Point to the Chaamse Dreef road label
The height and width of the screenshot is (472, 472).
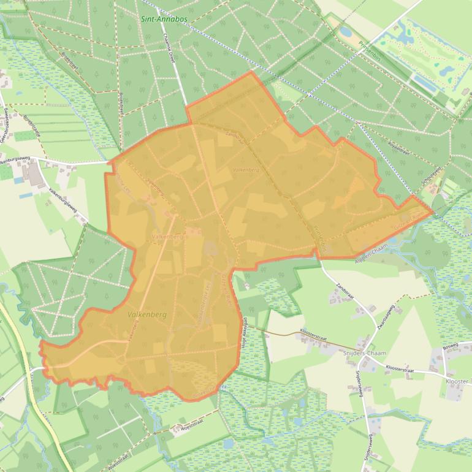170,49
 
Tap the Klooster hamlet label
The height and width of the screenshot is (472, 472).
459,381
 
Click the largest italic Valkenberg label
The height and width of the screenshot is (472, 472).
148,314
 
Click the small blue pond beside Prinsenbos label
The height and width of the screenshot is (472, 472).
346,31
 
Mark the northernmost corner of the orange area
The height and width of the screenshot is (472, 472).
251,72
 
